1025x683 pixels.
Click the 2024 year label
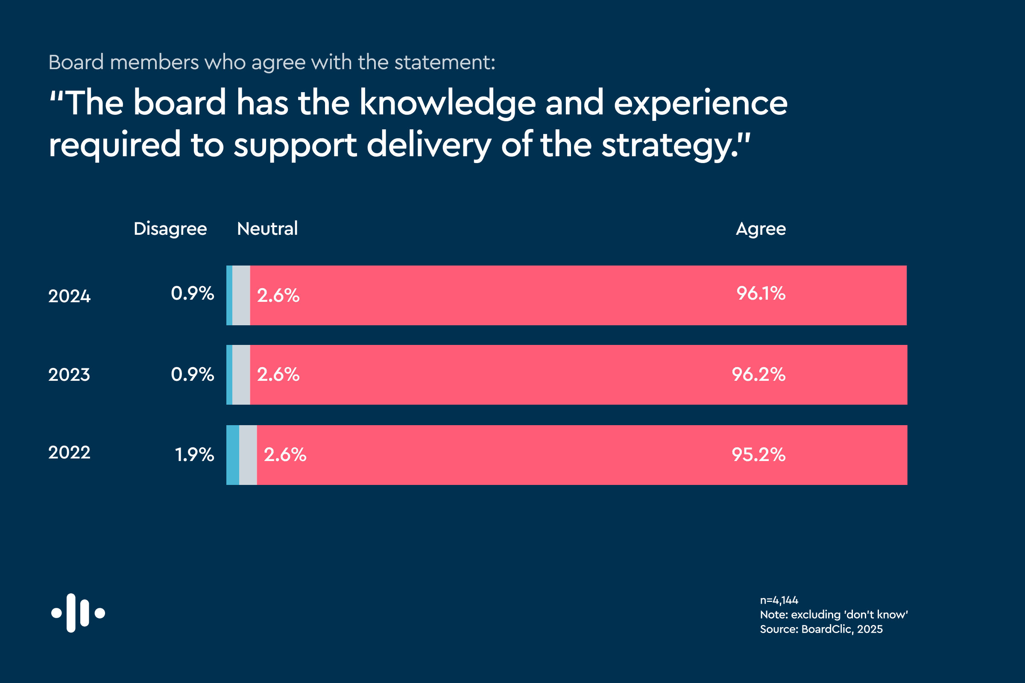coord(69,296)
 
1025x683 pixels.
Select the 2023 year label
coord(69,375)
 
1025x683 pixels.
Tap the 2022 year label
coord(69,452)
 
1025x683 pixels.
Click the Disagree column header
coord(170,229)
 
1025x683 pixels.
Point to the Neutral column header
coord(267,229)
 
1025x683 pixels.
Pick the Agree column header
coord(761,229)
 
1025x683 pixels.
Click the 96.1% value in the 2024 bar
coord(761,293)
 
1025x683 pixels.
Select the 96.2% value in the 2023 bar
coord(758,374)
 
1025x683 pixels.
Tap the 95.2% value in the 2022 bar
coord(758,454)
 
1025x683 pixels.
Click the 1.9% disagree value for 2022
coord(194,455)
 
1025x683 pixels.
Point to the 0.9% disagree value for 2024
coord(192,293)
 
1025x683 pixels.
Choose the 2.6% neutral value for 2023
coord(278,374)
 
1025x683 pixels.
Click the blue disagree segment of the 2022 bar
coord(233,455)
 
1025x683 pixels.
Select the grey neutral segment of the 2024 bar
coord(241,295)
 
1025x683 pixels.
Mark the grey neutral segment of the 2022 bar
coord(248,455)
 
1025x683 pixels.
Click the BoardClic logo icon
coord(78,613)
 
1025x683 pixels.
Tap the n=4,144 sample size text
coord(779,600)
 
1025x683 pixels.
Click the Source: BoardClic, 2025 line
coord(821,629)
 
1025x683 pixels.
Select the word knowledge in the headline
coord(447,103)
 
